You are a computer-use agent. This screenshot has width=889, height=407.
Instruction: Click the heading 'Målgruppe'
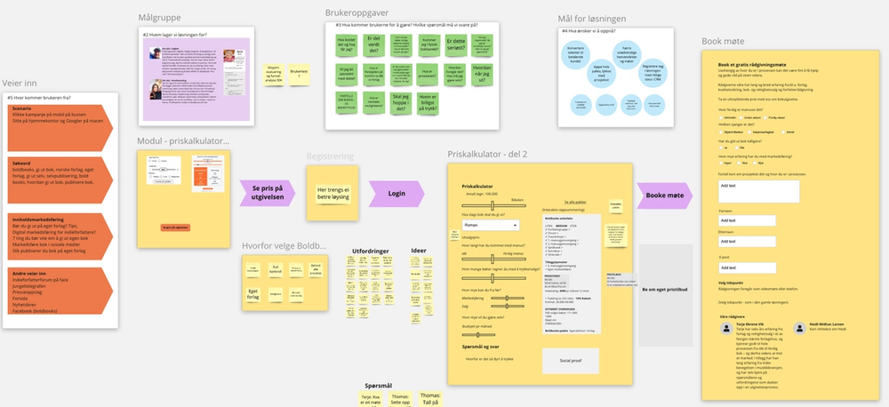click(x=160, y=19)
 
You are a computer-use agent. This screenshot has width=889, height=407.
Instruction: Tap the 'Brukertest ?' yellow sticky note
click(x=304, y=76)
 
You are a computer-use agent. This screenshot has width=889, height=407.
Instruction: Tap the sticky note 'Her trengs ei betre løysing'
click(x=332, y=193)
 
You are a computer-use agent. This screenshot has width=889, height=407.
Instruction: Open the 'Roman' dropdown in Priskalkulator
click(x=490, y=226)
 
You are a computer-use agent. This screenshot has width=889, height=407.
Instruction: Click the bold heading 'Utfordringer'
click(x=371, y=251)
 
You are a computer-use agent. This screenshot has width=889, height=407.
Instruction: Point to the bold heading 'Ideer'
click(x=418, y=251)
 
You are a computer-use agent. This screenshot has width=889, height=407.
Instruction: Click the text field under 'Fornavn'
click(x=749, y=219)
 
